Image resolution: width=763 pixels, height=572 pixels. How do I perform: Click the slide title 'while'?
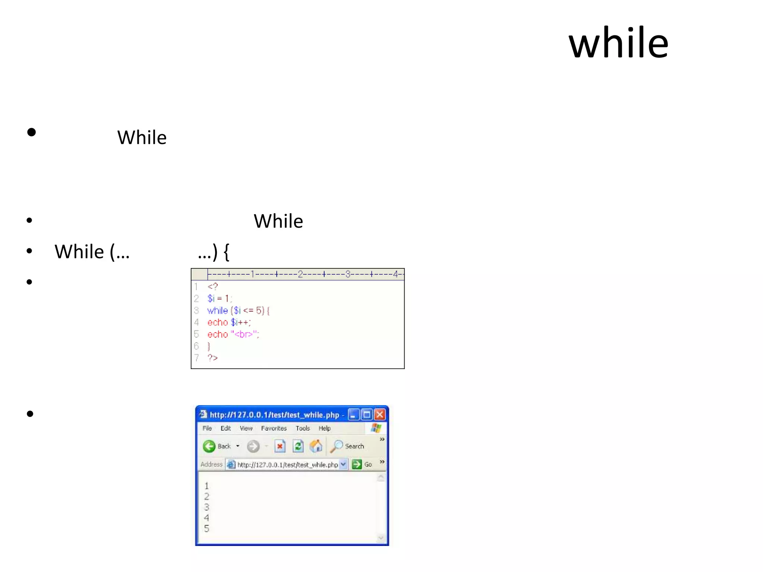pos(618,43)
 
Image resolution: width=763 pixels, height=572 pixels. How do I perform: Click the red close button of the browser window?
pos(380,414)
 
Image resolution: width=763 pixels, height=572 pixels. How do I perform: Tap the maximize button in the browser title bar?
pos(367,414)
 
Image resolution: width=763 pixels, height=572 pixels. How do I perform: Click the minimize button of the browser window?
pos(354,414)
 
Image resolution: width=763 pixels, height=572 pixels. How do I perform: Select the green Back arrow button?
pos(209,446)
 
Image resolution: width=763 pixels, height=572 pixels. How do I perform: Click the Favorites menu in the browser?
pos(274,428)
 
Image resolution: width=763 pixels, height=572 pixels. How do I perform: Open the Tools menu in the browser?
pos(303,428)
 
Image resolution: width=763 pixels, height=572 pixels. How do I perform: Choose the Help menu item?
pos(324,428)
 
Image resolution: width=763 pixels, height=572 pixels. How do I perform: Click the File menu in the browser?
pos(207,428)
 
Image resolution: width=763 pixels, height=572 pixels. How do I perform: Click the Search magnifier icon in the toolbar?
pos(336,446)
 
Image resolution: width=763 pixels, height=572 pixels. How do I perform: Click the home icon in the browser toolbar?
pos(316,446)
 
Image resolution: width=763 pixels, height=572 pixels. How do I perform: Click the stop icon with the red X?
pos(280,446)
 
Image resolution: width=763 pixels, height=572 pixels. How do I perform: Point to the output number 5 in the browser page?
pos(207,528)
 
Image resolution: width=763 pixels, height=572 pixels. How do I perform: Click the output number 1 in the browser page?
pos(207,486)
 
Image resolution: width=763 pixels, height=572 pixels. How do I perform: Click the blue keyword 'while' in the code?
pos(218,311)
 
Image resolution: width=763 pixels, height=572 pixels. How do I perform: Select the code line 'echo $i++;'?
pos(229,322)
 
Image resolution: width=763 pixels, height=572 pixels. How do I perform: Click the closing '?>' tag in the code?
pos(213,358)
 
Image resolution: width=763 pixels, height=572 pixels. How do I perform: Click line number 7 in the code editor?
pos(196,358)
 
